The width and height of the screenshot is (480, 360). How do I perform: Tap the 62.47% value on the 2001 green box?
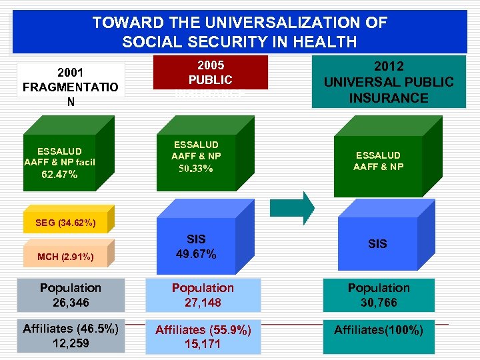coord(59,175)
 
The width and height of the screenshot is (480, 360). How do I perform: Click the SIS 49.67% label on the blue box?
coord(196,246)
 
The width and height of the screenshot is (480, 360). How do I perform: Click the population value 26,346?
coord(70,302)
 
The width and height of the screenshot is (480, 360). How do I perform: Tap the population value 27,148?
coord(203,302)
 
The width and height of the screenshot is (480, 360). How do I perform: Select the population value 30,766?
coord(378,302)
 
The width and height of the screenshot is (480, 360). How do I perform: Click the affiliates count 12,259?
coord(70,343)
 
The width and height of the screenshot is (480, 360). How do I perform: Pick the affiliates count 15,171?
coord(203,345)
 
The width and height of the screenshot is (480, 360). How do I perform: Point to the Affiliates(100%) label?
coord(378,330)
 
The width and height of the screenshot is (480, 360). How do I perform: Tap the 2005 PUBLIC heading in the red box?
coord(210,73)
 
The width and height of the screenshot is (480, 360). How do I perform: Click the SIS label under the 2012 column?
coord(377,244)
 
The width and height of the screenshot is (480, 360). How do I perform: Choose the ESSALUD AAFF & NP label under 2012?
coord(378,161)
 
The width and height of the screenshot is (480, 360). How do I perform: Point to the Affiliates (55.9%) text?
coord(203,330)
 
